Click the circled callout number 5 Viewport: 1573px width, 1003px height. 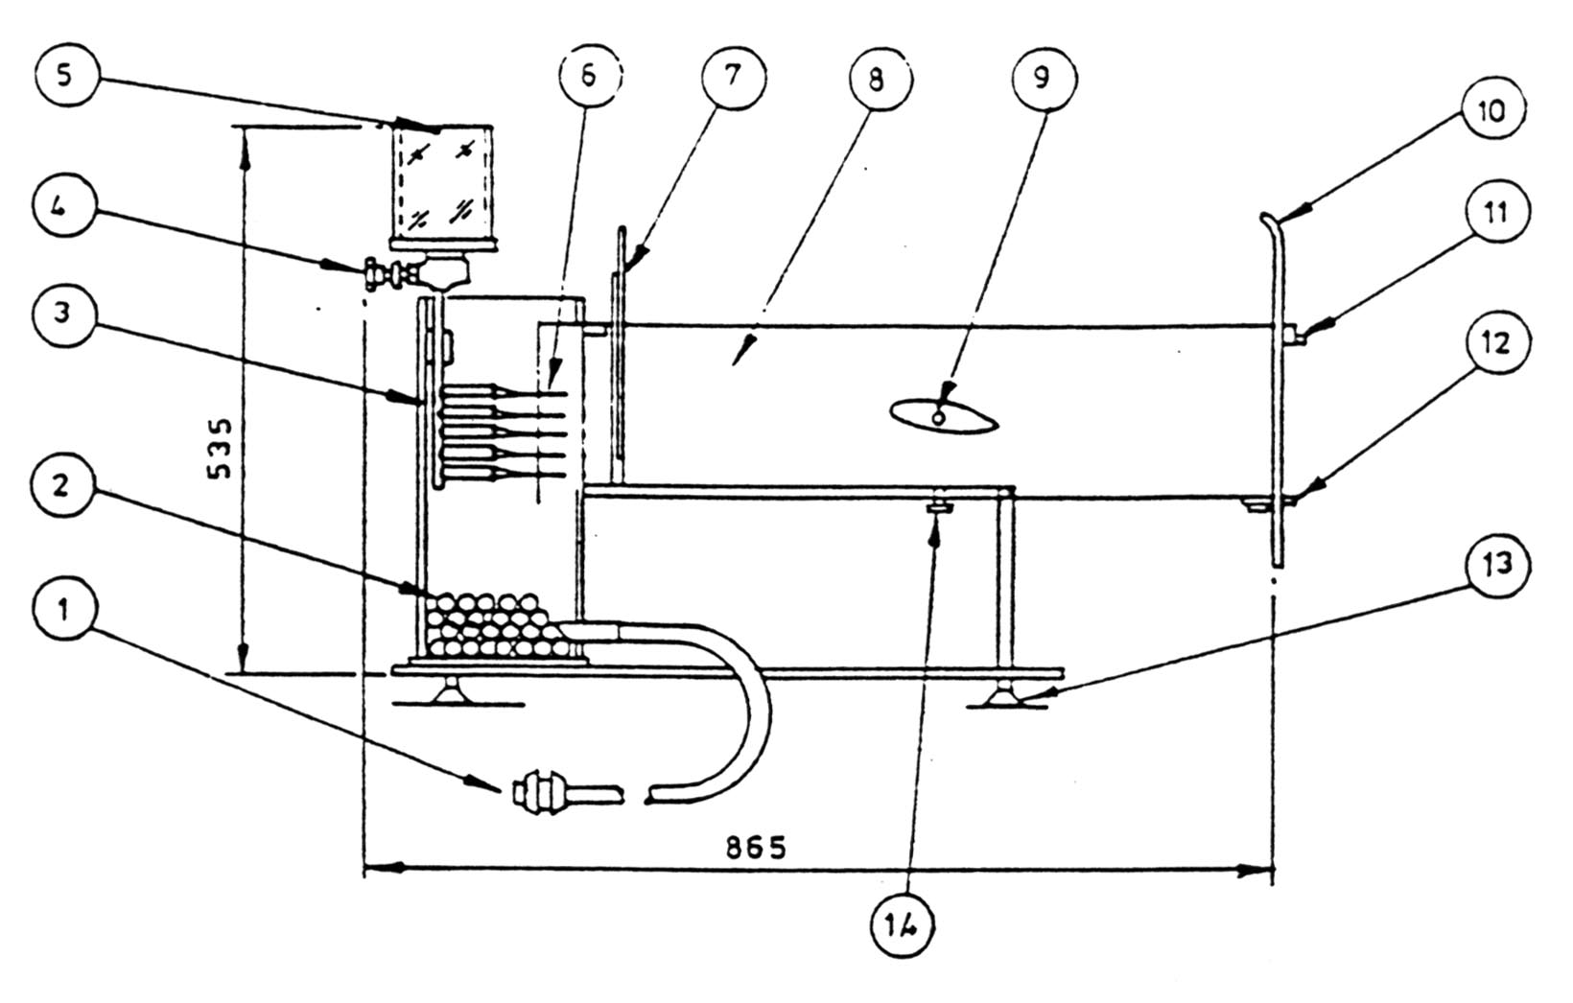tap(64, 76)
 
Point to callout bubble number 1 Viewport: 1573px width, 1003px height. tap(64, 611)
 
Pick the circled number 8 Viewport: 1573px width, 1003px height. tap(876, 78)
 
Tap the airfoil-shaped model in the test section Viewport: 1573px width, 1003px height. tap(945, 416)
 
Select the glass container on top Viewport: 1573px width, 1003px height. tap(444, 187)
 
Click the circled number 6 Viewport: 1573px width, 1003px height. tap(589, 76)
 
